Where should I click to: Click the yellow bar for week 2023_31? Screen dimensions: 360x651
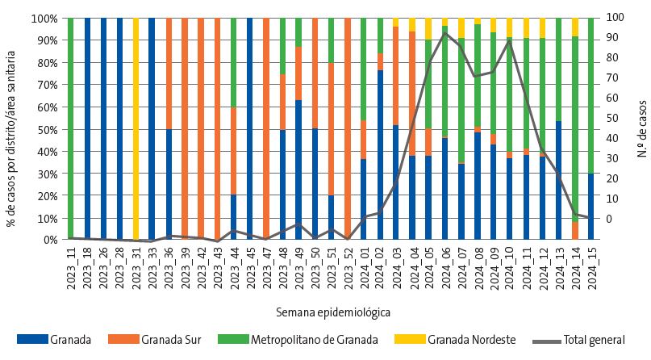click(x=136, y=129)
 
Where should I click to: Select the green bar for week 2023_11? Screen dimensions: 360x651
click(x=71, y=129)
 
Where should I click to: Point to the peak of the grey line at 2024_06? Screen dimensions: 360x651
click(x=445, y=32)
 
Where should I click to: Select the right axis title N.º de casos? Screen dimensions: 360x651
click(x=643, y=128)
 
